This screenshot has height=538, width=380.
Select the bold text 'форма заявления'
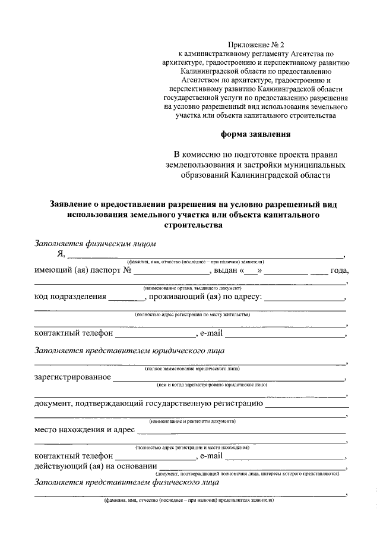256,134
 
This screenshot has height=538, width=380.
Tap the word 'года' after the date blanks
339,272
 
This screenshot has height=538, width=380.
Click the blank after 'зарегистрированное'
229,378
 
